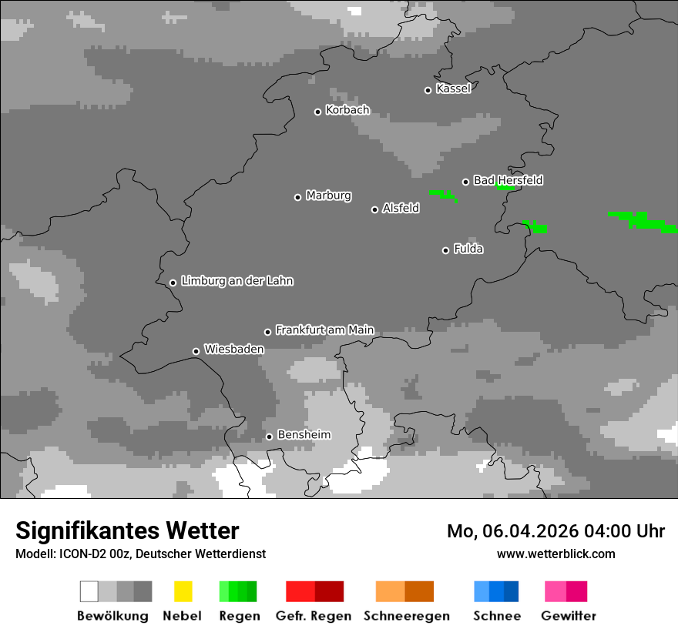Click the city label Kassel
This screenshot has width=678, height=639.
[453, 89]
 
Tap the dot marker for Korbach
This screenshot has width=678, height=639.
[317, 112]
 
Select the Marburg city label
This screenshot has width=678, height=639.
[328, 196]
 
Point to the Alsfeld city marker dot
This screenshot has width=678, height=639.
[375, 209]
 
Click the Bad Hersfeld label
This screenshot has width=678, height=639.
[508, 180]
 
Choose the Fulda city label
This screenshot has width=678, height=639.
[468, 249]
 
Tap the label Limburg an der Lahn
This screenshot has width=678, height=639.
[237, 281]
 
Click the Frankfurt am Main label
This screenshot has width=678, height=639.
[324, 330]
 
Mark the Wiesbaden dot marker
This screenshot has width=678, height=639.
[196, 351]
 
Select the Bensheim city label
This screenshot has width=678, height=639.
[304, 435]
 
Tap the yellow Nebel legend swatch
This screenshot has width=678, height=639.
[183, 591]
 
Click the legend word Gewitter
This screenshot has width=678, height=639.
[568, 616]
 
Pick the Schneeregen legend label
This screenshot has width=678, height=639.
[406, 616]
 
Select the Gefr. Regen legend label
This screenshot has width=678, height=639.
[314, 616]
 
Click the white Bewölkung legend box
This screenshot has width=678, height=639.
[89, 591]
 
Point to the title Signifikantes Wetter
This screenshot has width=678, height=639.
[127, 530]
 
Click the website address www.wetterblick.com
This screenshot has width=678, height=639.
[555, 554]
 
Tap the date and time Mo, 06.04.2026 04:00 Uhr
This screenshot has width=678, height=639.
[555, 531]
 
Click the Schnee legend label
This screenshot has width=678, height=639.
[496, 616]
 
